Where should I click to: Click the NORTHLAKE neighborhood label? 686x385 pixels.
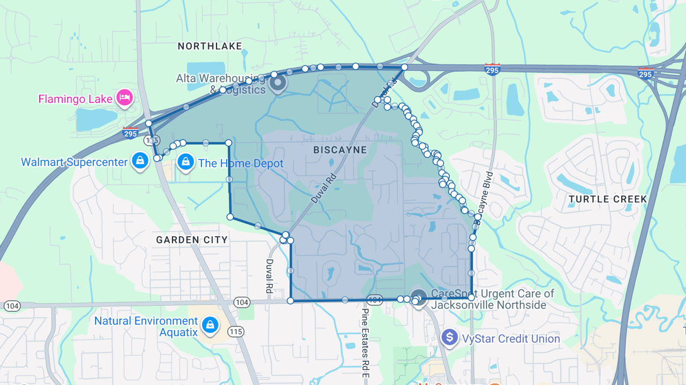tap(210, 47)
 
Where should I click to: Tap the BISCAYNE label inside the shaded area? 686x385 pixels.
tap(340, 150)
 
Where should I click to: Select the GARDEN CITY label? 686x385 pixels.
tap(192, 240)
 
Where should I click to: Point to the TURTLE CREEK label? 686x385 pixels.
tap(608, 199)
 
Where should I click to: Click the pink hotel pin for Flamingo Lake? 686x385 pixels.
tap(125, 97)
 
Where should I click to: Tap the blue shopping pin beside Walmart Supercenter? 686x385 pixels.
tap(140, 161)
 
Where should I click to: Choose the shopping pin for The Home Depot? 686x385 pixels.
tap(185, 162)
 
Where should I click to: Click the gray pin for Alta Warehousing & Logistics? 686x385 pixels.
tap(278, 83)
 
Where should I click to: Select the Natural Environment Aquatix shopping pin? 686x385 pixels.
tap(209, 324)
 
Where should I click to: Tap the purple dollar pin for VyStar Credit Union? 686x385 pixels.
tap(449, 337)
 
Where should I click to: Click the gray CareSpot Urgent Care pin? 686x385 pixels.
tap(419, 297)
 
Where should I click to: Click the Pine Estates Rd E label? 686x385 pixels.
tap(365, 343)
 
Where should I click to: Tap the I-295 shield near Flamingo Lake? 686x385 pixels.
tap(130, 133)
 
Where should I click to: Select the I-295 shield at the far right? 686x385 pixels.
tap(645, 73)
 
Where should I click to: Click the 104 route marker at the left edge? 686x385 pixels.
tap(12, 306)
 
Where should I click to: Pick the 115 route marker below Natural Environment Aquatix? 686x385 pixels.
tap(236, 331)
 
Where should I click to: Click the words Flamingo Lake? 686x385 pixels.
tap(75, 99)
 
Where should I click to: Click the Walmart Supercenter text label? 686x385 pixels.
tap(74, 162)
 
